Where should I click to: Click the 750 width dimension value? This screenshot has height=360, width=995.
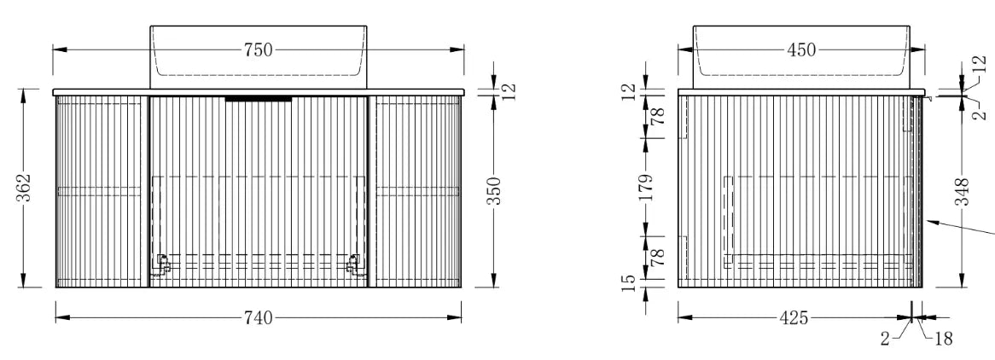coord(258,49)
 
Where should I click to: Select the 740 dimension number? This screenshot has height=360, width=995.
coord(258,317)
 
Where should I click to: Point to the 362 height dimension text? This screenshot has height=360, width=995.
coord(24,188)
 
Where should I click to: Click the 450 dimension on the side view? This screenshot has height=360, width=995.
coord(800,49)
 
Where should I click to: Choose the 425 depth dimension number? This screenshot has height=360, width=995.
coord(794,317)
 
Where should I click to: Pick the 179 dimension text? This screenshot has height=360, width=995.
coord(646,188)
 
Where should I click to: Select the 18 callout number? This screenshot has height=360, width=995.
coord(944,339)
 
